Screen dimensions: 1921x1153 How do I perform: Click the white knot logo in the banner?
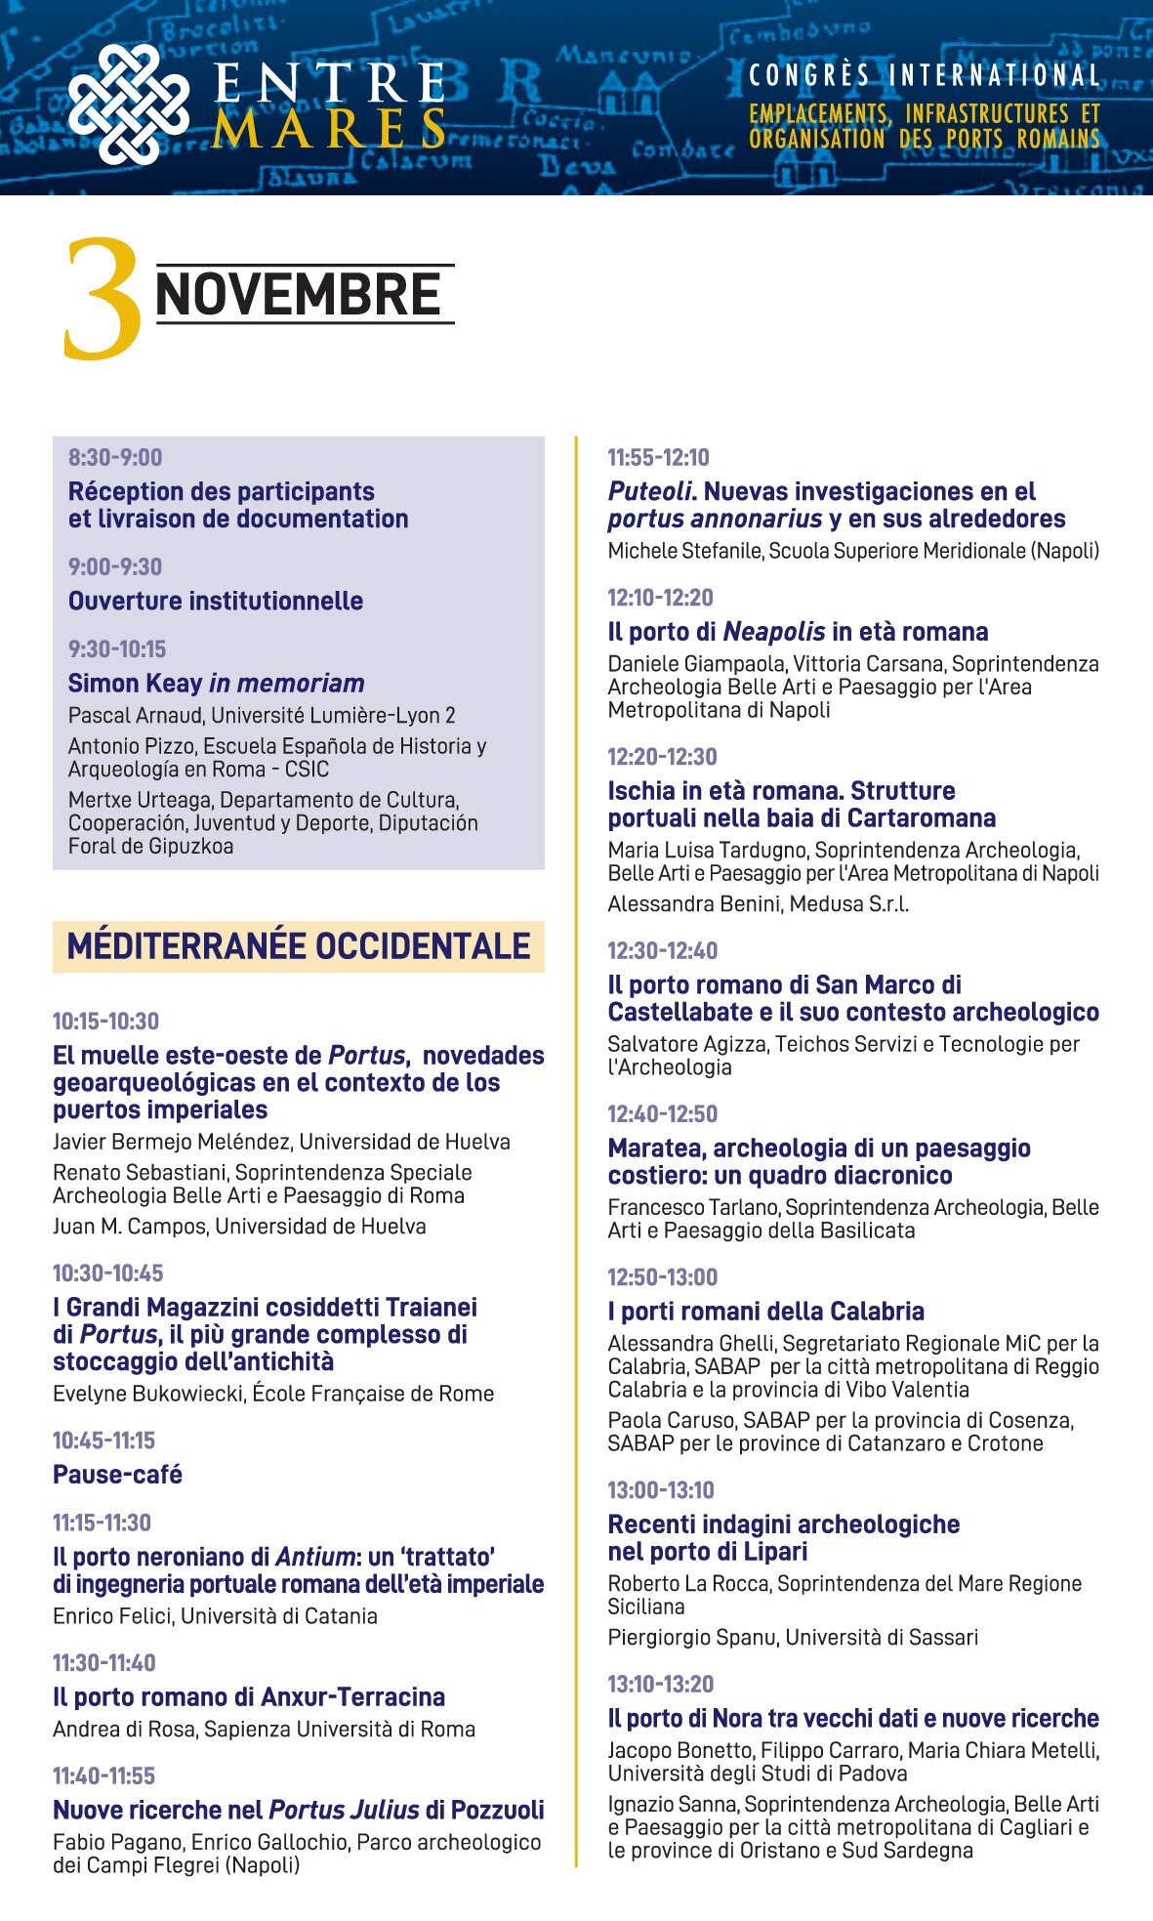pyautogui.click(x=128, y=104)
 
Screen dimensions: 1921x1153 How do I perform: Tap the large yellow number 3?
pyautogui.click(x=102, y=299)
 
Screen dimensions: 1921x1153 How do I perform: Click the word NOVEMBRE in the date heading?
pyautogui.click(x=299, y=295)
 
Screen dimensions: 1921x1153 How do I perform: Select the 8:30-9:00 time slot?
pyautogui.click(x=115, y=457)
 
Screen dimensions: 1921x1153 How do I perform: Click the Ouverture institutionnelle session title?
pyautogui.click(x=216, y=601)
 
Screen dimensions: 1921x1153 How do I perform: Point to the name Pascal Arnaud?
pyautogui.click(x=135, y=715)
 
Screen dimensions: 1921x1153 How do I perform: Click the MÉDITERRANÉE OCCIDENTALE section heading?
pyautogui.click(x=299, y=946)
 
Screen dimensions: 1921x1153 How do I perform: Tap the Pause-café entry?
pyautogui.click(x=118, y=1474)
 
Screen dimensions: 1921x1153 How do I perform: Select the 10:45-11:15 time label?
pyautogui.click(x=103, y=1441)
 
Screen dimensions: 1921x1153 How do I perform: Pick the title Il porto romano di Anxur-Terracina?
pyautogui.click(x=249, y=1696)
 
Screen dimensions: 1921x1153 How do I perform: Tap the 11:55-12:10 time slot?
pyautogui.click(x=658, y=457)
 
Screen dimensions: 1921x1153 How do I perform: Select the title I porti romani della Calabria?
pyautogui.click(x=766, y=1311)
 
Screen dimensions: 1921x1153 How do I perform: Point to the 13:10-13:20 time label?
pyautogui.click(x=660, y=1684)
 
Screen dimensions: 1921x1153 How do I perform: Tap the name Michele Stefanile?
pyautogui.click(x=683, y=551)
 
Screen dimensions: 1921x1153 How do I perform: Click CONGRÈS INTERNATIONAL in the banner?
pyautogui.click(x=925, y=76)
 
